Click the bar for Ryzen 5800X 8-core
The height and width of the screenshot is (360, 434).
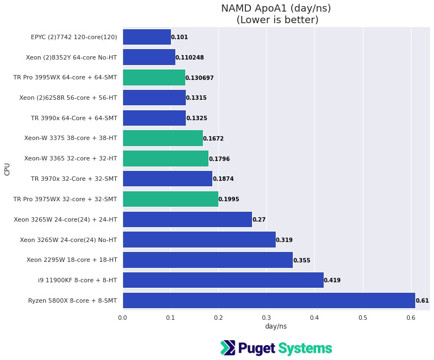pos(269,300)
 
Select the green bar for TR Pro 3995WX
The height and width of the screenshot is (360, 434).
pos(154,78)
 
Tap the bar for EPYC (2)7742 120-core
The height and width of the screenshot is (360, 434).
pos(147,37)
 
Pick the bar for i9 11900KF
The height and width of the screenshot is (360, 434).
pos(223,280)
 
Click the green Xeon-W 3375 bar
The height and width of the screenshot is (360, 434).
pos(163,138)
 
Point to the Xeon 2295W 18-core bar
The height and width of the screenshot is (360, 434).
pos(207,260)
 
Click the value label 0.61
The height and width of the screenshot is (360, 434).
pos(422,301)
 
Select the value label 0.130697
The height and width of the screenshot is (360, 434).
pos(200,78)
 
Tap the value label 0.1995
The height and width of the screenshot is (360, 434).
pos(229,199)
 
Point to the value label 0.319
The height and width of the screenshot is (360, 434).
pos(285,240)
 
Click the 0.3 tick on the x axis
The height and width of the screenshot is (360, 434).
pos(266,317)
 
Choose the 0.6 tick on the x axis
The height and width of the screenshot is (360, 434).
pos(411,317)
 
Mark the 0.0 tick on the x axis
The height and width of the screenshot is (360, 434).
pos(122,317)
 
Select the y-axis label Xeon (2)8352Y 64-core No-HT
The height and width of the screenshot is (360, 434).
pos(71,57)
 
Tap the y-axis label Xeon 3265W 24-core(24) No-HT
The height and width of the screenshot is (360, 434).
pos(68,240)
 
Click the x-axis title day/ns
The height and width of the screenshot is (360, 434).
pos(276,326)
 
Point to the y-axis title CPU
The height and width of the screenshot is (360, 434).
pos(7,169)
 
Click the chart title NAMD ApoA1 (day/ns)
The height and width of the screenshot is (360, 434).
pos(276,8)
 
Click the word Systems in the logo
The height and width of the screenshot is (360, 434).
pos(305,348)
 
